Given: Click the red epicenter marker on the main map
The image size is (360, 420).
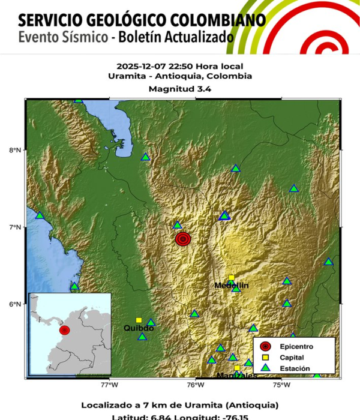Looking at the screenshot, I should tap(184, 239).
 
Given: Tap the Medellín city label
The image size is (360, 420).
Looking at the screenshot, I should tap(231, 286).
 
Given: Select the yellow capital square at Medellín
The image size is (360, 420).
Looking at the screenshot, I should tap(232, 278).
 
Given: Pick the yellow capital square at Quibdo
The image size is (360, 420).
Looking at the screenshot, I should tap(139, 320).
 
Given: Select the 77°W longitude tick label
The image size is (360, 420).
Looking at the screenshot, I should tap(109, 385).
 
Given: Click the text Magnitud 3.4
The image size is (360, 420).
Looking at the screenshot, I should tap(180, 89).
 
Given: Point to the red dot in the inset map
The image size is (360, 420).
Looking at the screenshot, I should tap(64, 330).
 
